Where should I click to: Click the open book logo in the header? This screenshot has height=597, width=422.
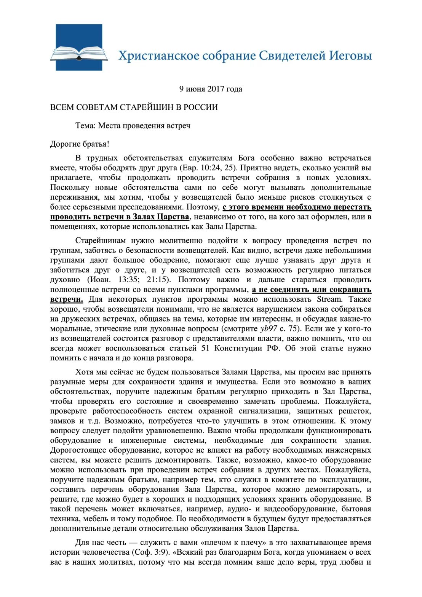(x=79, y=48)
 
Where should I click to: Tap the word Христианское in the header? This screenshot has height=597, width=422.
(x=158, y=56)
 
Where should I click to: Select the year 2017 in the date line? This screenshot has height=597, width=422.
(x=216, y=89)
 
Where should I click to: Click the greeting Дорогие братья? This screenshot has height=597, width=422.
(x=80, y=144)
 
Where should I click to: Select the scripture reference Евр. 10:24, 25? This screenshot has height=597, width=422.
(x=207, y=168)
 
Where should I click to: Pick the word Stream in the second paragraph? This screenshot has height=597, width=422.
(x=329, y=299)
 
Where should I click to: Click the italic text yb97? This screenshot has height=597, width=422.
(x=269, y=329)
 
